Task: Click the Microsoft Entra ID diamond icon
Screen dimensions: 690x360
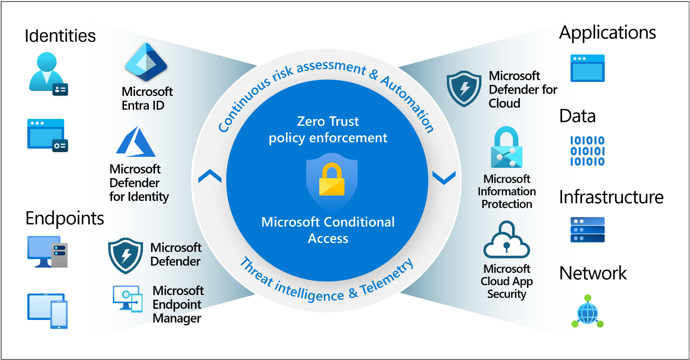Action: pyautogui.click(x=146, y=62)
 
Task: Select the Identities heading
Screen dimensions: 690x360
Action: pyautogui.click(x=60, y=36)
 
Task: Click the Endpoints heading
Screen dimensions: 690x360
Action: pyautogui.click(x=65, y=218)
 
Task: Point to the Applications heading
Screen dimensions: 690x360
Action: pyautogui.click(x=607, y=33)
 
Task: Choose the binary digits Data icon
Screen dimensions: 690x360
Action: pyautogui.click(x=588, y=151)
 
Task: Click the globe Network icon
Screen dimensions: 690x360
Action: pyautogui.click(x=588, y=311)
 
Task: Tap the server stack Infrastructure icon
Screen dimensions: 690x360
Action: pyautogui.click(x=588, y=230)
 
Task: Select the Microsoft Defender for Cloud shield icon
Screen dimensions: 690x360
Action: pyautogui.click(x=464, y=89)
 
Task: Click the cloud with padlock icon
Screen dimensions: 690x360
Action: pyautogui.click(x=507, y=240)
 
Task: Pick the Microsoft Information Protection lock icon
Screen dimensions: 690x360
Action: pyautogui.click(x=507, y=147)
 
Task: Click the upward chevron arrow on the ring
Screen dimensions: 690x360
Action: pyautogui.click(x=210, y=176)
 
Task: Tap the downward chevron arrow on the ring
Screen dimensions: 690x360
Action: pyautogui.click(x=444, y=178)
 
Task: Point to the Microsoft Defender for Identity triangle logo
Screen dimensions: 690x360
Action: pyautogui.click(x=136, y=142)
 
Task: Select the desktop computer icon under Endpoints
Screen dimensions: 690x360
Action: pyautogui.click(x=47, y=252)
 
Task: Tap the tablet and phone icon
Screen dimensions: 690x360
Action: pyautogui.click(x=47, y=311)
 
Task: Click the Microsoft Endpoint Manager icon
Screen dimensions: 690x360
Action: pyautogui.click(x=128, y=299)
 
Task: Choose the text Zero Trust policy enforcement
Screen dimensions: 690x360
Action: pyautogui.click(x=328, y=130)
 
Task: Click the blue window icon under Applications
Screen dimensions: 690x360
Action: pyautogui.click(x=588, y=68)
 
